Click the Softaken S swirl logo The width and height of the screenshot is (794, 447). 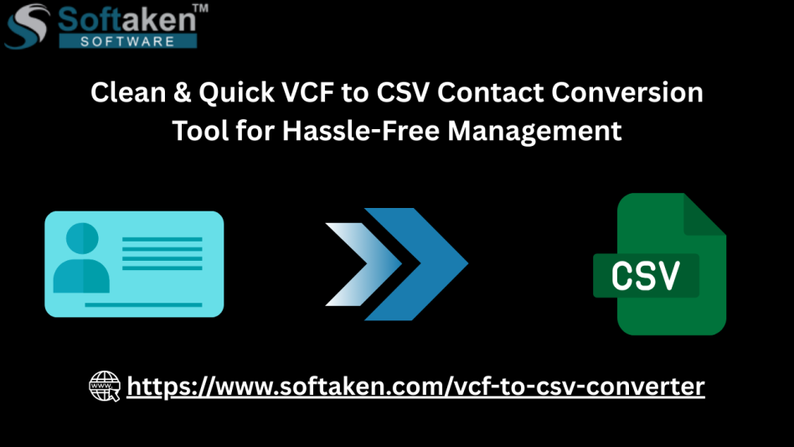point(28,26)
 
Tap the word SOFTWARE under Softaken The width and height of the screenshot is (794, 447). point(127,42)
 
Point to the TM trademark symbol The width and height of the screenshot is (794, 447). point(200,8)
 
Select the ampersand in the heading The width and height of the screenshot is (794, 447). point(182,93)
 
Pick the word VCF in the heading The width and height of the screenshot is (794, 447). point(307,93)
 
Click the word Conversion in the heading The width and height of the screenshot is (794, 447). point(626,93)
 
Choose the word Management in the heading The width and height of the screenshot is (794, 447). point(534,132)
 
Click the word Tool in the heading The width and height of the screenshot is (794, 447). point(200,131)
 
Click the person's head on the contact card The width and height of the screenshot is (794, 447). point(82,238)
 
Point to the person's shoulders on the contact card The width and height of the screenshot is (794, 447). point(81,276)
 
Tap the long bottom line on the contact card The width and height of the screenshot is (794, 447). point(143,305)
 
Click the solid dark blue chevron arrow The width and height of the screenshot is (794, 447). point(416,264)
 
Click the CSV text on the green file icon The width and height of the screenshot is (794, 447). point(645,276)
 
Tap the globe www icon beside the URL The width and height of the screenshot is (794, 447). point(105,386)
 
